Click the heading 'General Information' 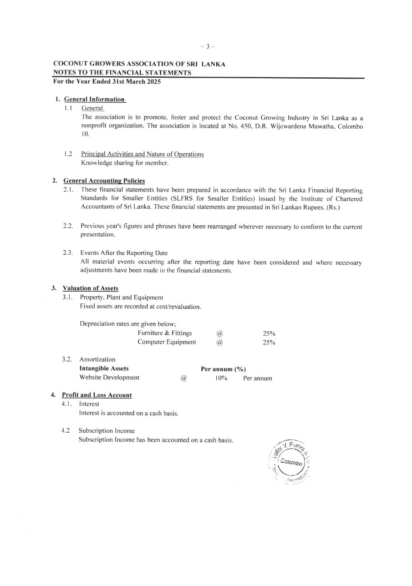(x=94, y=99)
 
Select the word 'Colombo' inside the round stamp (x=291, y=462)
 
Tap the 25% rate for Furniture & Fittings (x=269, y=333)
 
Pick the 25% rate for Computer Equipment (x=269, y=343)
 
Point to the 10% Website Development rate (x=221, y=378)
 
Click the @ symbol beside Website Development (x=183, y=378)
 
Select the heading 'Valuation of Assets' (x=90, y=288)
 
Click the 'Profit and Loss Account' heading (x=97, y=395)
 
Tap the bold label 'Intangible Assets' (x=104, y=369)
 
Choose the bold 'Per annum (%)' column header (x=223, y=369)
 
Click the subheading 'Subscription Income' (x=107, y=431)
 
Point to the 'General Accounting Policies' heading (x=104, y=181)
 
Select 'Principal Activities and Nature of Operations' (x=142, y=154)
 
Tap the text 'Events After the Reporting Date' (x=124, y=253)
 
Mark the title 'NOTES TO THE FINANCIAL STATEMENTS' (x=122, y=73)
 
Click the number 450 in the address (x=247, y=126)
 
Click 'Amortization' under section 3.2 (x=97, y=359)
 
